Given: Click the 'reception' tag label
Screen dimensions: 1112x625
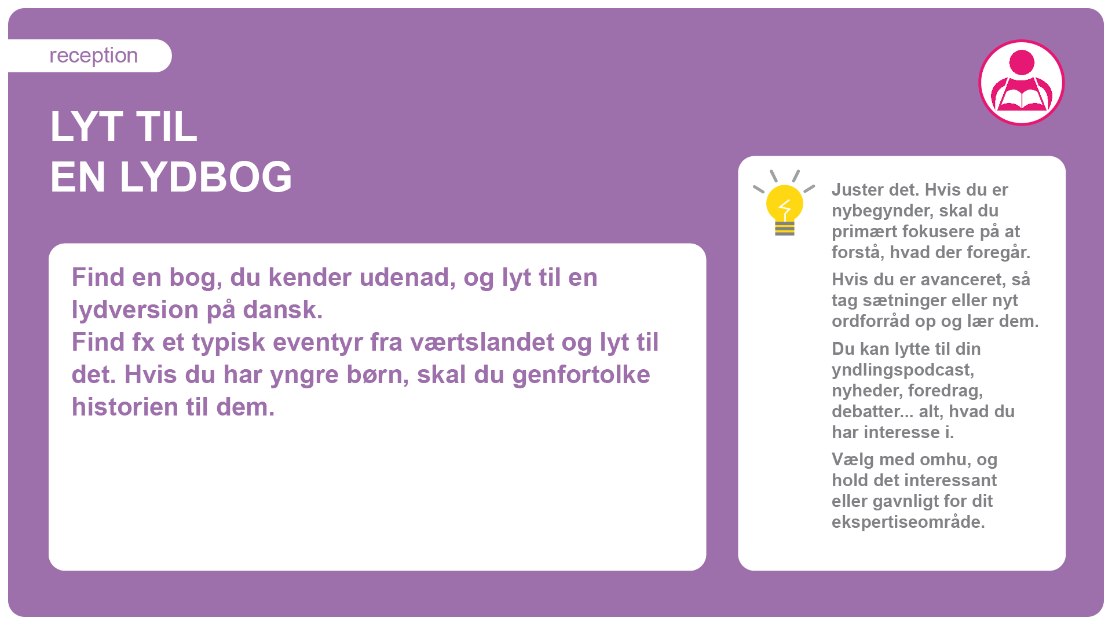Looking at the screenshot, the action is tap(93, 56).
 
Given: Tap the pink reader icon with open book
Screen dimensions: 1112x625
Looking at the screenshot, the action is tap(1022, 82).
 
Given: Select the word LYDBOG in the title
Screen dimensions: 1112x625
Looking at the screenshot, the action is tap(206, 177).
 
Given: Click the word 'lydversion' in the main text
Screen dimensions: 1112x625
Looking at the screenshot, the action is tap(136, 310).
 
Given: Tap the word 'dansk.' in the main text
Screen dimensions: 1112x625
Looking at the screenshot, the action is tap(283, 310).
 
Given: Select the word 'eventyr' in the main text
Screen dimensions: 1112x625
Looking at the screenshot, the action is tap(318, 343).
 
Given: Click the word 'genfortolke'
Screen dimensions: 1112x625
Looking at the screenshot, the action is tap(581, 375).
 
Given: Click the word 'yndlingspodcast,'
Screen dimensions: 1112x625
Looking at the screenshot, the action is tap(903, 370).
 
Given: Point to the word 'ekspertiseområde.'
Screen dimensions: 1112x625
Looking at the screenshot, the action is tap(908, 523).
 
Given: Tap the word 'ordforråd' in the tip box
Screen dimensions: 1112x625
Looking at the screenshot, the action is tap(870, 322).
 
